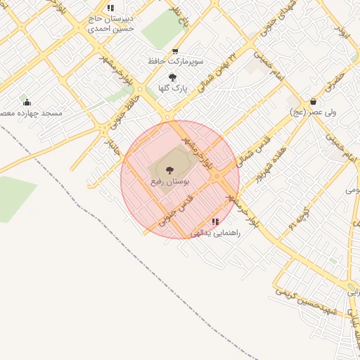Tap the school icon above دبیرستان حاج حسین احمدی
110,8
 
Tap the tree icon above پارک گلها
173,77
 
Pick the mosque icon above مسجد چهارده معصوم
27,103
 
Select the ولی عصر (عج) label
316,112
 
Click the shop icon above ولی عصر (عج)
312,102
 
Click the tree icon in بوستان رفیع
169,169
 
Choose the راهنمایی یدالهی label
215,233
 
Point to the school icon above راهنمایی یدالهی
215,222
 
